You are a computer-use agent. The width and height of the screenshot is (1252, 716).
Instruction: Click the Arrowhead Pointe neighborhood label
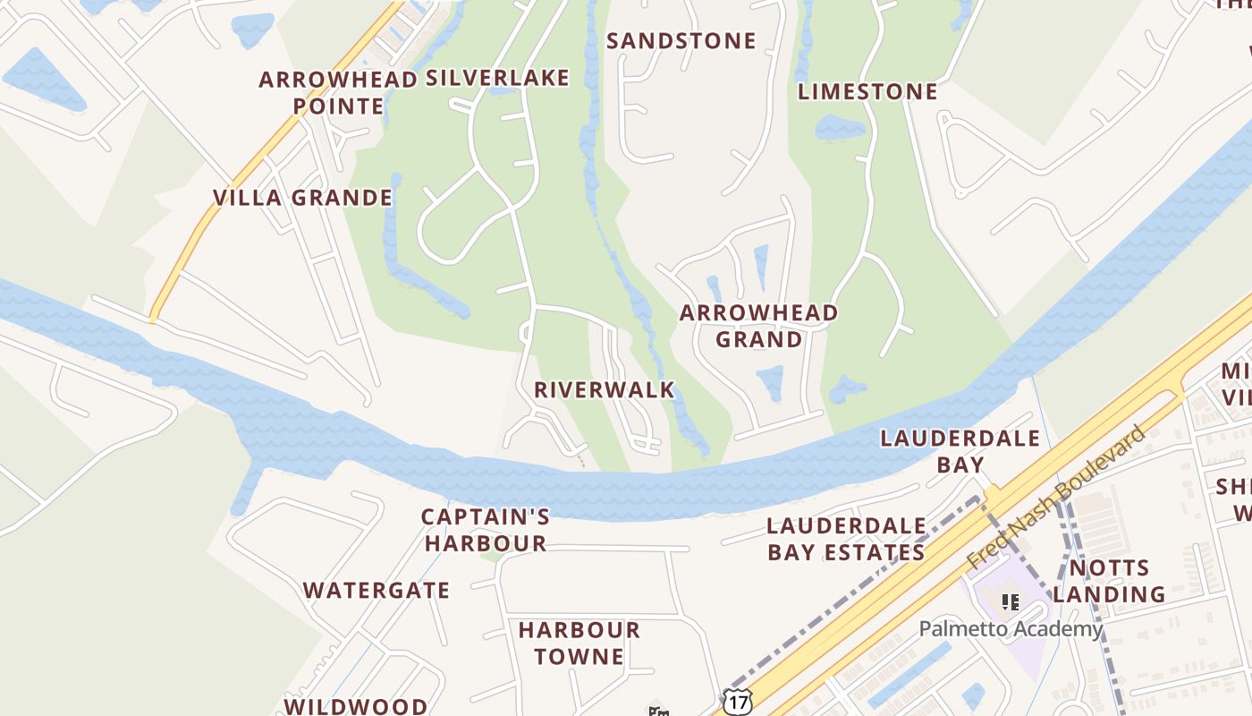338,93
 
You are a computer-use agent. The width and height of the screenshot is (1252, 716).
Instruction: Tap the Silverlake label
497,79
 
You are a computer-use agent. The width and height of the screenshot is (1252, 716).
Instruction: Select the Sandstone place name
681,41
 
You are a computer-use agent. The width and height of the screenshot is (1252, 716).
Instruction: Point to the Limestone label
867,92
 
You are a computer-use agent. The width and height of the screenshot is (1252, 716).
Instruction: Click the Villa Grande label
302,198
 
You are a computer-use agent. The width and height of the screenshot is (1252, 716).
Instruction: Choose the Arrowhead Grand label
758,326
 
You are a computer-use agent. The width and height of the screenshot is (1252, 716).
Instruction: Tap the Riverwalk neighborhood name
605,390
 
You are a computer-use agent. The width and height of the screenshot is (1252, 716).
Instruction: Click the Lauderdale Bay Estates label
845,539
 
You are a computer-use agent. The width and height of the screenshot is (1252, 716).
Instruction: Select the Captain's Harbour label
486,530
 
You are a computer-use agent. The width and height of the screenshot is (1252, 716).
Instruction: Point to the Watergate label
376,591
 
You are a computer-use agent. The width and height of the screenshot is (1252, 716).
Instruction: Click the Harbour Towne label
579,643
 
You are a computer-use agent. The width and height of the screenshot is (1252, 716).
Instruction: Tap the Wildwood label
356,706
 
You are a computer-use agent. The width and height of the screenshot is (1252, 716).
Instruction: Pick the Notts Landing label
1109,581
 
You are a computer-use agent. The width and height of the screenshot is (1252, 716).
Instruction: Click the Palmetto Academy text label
1011,629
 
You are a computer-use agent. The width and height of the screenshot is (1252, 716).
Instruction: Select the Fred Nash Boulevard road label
1055,498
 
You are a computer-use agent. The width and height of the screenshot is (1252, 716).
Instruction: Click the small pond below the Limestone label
840,126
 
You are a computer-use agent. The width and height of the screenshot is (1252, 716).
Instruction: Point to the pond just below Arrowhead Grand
770,382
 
